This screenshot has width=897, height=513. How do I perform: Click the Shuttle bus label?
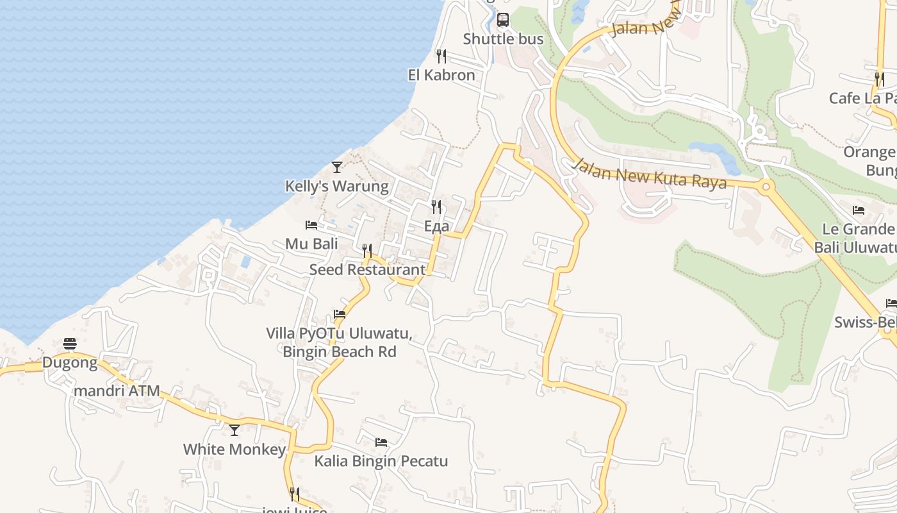[503, 39]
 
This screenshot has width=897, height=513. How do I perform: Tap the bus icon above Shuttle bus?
[503, 19]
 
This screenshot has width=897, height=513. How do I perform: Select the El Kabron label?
[441, 75]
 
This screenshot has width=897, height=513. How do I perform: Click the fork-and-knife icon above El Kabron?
[441, 56]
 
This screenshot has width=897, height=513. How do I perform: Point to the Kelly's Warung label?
[336, 187]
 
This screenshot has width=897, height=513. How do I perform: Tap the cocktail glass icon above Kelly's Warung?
[337, 167]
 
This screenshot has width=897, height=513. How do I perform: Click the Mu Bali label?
[311, 244]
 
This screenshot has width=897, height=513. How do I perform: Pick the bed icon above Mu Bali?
[311, 225]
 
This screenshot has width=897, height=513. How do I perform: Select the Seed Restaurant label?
[367, 270]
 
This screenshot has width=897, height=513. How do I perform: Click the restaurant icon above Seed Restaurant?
[367, 250]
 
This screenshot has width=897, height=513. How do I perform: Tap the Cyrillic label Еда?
[436, 226]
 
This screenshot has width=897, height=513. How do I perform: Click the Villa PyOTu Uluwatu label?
[339, 334]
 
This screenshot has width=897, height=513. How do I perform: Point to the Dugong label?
[70, 363]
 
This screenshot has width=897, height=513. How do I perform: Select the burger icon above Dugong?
[70, 344]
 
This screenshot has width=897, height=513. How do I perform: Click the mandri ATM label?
[117, 391]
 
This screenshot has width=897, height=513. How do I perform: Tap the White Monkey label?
[235, 450]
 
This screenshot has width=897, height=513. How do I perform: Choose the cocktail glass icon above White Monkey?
[235, 430]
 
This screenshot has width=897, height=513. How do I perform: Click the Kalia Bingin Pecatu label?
[381, 461]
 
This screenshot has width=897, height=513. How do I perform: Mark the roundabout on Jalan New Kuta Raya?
[765, 188]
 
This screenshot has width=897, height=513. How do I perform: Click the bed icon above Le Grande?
[859, 210]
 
